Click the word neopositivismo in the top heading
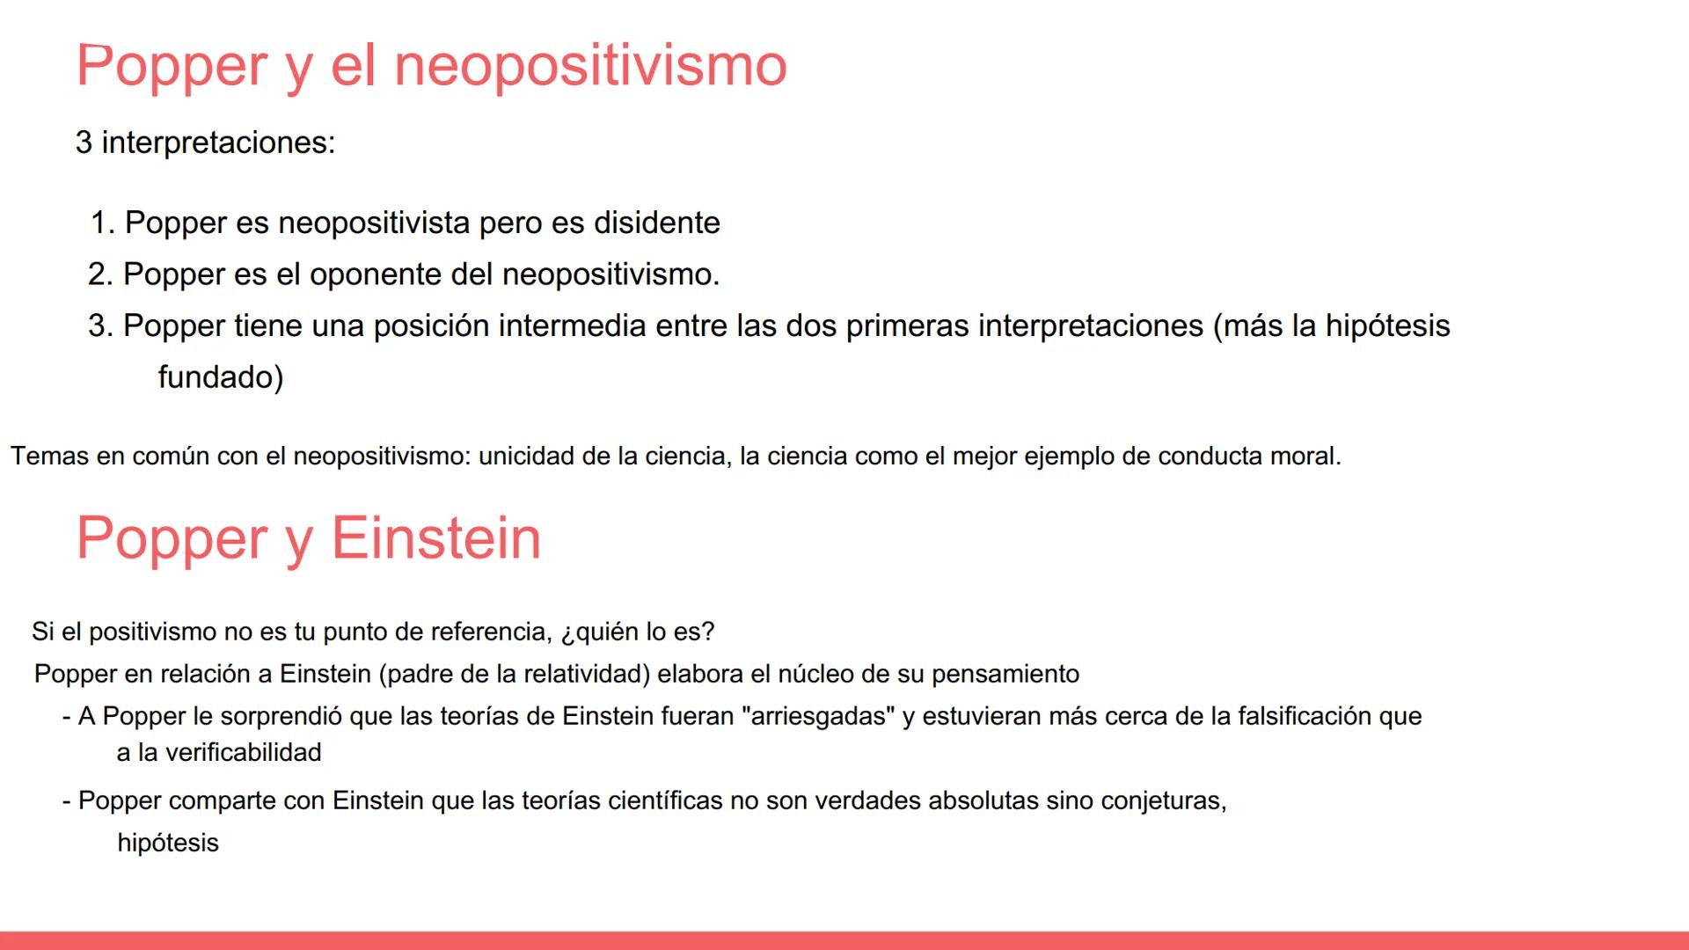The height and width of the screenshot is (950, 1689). tap(589, 66)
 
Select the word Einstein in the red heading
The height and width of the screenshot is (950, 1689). tap(435, 538)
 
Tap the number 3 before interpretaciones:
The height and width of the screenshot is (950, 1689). tap(84, 142)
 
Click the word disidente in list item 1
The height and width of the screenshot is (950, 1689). tap(656, 223)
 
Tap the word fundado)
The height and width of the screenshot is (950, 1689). tap(221, 377)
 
